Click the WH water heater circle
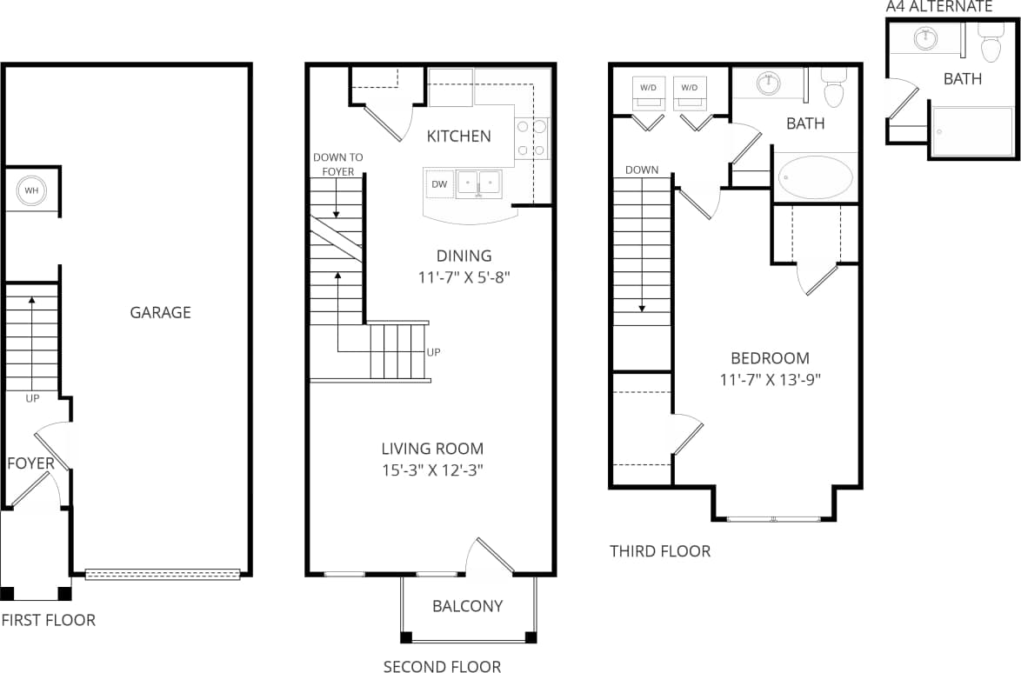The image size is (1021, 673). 31,190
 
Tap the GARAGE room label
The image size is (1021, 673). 160,312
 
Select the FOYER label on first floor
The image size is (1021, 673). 30,463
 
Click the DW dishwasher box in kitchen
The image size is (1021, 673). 439,183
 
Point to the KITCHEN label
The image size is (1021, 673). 458,136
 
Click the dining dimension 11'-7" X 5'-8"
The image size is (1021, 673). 464,277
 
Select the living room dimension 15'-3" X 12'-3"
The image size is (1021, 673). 432,470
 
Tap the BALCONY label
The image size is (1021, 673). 467,606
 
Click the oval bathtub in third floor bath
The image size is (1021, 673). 816,177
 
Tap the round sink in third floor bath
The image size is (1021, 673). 768,84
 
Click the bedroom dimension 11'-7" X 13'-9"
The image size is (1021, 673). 770,379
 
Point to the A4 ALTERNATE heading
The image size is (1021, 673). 938,6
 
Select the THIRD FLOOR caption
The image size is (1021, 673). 659,551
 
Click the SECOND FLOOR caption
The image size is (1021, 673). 442,667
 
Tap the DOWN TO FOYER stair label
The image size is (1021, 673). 338,164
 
